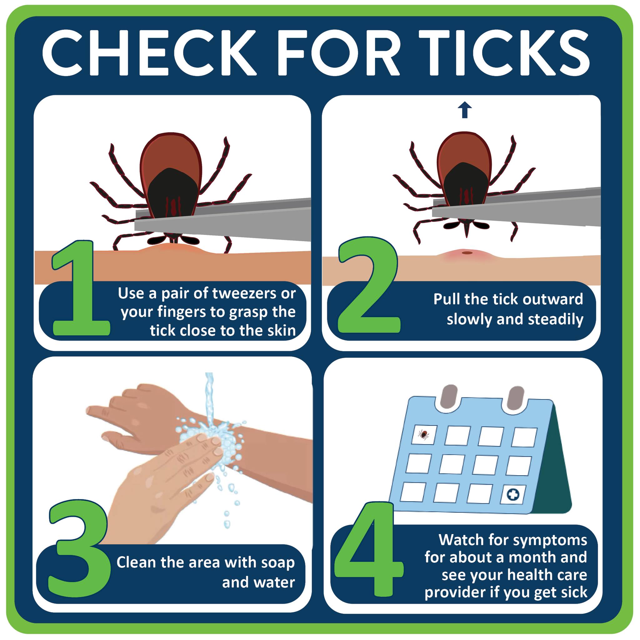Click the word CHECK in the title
pos(150,53)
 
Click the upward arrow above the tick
pos(465,110)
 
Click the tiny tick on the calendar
pos(423,434)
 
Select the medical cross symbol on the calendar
pos(513,495)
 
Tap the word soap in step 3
pos(278,563)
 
